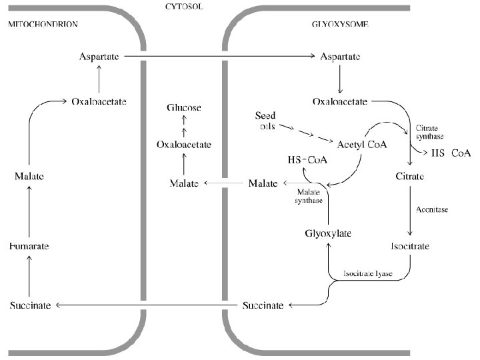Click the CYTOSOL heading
point(184,6)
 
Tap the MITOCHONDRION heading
point(43,24)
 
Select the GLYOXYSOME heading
point(340,24)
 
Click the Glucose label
point(184,107)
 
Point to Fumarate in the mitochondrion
point(29,246)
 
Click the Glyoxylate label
point(328,233)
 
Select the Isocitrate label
point(410,246)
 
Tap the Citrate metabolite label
point(409,176)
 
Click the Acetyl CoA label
point(362,145)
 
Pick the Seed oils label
point(265,121)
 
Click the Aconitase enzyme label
point(432,210)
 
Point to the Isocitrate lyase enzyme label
point(367,273)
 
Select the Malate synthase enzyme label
point(309,196)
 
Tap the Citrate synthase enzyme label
point(429,132)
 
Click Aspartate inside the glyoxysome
point(340,57)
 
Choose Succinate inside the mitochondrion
point(30,305)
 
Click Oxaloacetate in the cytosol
point(184,145)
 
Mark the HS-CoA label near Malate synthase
point(307,160)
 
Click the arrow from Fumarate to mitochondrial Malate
point(29,211)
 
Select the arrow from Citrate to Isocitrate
point(410,210)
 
